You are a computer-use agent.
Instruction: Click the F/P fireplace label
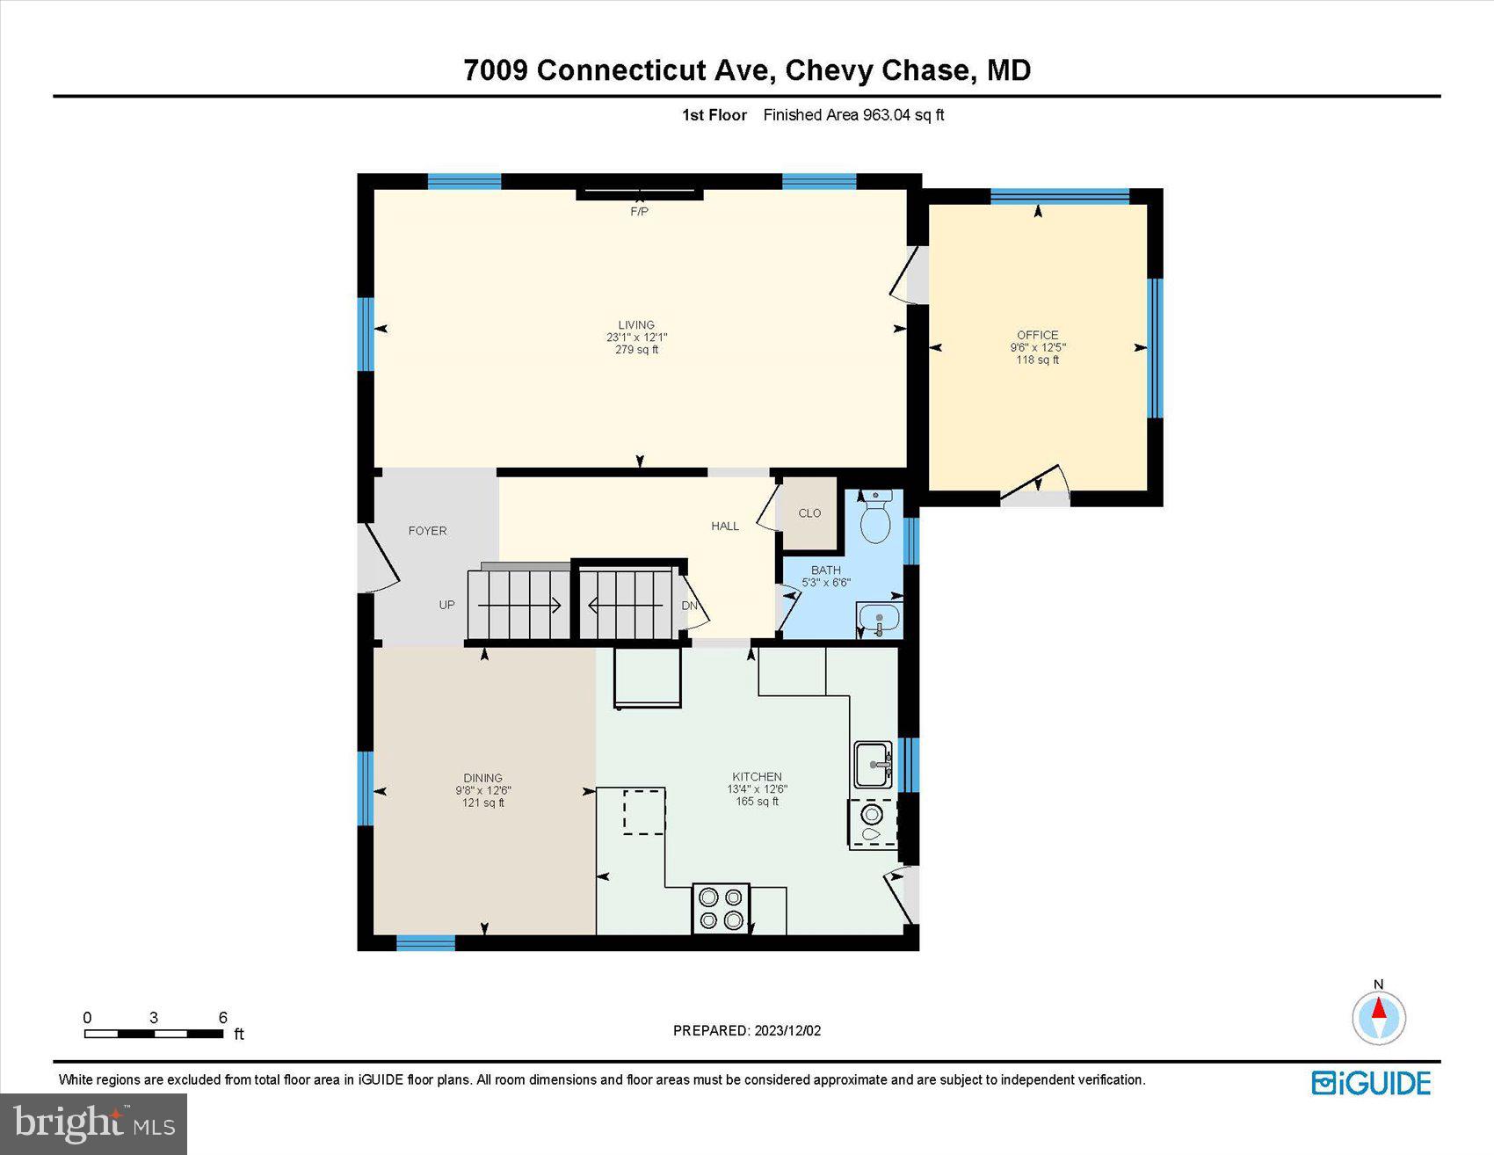point(639,212)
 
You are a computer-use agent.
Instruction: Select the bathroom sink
point(878,621)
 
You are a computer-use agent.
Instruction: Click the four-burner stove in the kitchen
point(721,909)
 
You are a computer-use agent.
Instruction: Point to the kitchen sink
point(873,765)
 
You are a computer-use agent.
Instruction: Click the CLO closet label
point(809,513)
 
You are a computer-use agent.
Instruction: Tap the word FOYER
point(427,531)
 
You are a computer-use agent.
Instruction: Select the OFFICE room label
point(1037,335)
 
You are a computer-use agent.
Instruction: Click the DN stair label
point(690,606)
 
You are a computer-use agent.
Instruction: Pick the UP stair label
point(446,605)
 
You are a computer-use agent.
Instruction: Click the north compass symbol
point(1379,1016)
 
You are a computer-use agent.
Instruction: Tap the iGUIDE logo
point(1372,1083)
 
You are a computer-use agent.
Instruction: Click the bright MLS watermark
point(93,1123)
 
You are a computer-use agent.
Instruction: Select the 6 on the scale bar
point(222,1018)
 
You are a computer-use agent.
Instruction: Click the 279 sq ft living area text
point(636,350)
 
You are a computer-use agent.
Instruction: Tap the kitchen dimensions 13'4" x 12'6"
point(757,789)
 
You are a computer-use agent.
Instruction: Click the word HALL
point(725,526)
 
